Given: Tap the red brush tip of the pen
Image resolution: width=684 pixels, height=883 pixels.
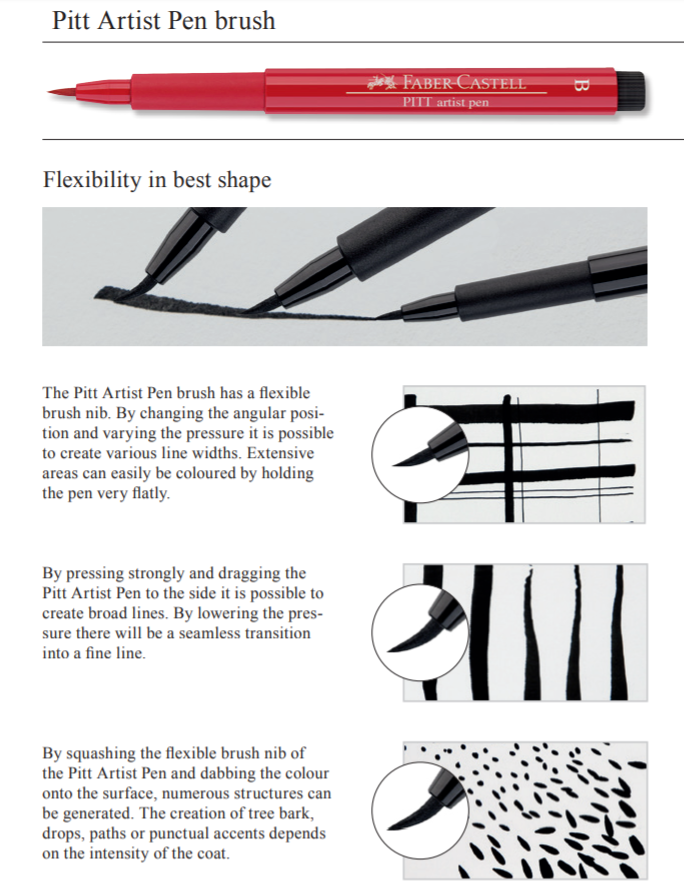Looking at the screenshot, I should [x=64, y=93].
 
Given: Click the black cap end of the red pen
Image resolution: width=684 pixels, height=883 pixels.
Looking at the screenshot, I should [x=630, y=91].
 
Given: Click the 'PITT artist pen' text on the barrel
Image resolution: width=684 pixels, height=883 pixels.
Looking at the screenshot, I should [x=444, y=102].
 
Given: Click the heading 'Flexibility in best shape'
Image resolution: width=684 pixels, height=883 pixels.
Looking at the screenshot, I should [x=157, y=181].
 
